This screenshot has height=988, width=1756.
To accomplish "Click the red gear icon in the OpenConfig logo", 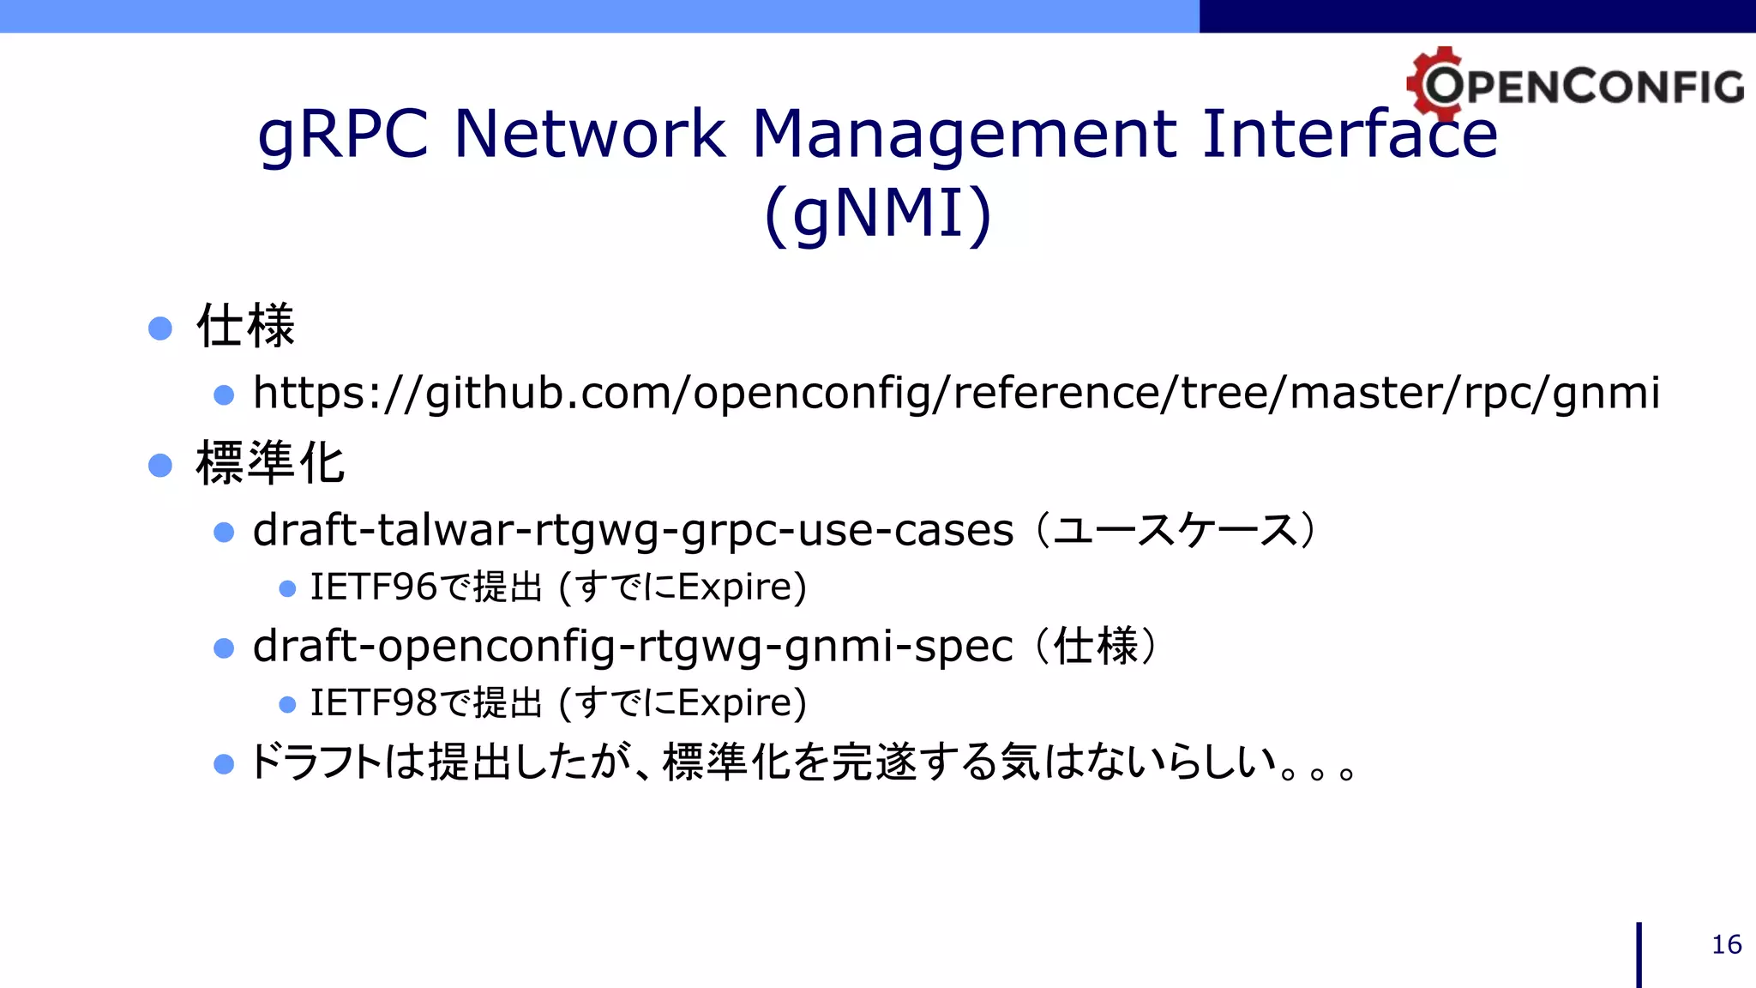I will click(x=1434, y=82).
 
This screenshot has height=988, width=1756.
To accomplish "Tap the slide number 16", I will click(x=1726, y=944).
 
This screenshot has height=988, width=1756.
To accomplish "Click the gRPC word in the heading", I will click(x=343, y=136).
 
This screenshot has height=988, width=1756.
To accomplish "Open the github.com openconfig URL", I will click(x=956, y=394).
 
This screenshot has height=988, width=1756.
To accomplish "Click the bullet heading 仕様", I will click(x=246, y=327).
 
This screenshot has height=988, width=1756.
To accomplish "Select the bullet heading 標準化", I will click(x=270, y=463).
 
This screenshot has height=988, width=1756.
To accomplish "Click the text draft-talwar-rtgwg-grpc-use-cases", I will click(x=633, y=530).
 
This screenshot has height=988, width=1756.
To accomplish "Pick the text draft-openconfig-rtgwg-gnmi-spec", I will click(x=633, y=646).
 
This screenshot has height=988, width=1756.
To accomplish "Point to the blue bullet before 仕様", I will click(x=160, y=328).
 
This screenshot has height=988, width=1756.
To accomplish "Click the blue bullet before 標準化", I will click(x=160, y=465).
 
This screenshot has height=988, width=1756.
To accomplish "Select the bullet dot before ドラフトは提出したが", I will click(x=224, y=764).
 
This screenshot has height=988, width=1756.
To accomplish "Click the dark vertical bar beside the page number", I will click(x=1639, y=955).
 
